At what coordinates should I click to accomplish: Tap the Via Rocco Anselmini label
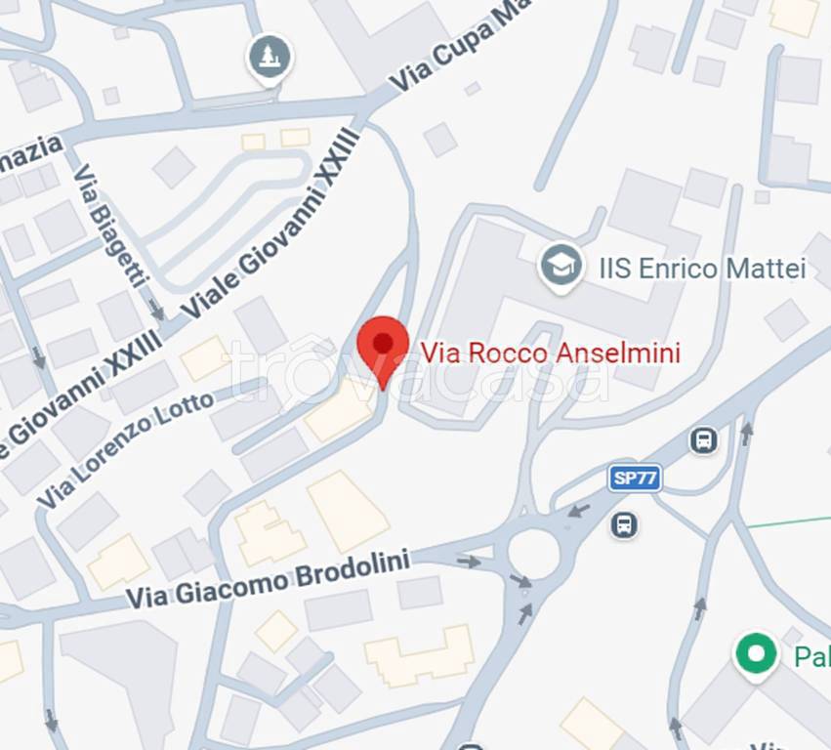click(x=550, y=352)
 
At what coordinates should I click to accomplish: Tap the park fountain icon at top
click(x=270, y=56)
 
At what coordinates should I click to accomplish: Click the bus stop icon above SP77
click(x=703, y=440)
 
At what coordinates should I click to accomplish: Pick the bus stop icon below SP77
click(x=624, y=525)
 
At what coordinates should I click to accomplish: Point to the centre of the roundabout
click(x=534, y=554)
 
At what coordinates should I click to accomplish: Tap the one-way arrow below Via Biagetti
click(x=156, y=312)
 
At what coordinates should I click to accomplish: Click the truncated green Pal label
click(x=810, y=655)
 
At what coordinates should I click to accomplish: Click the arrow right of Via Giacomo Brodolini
click(x=469, y=562)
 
